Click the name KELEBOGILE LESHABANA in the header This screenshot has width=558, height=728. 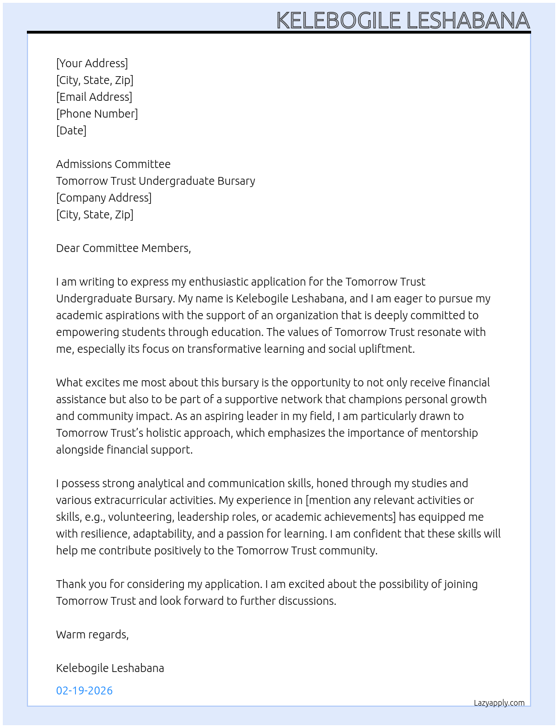(403, 20)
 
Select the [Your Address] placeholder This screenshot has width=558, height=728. (92, 63)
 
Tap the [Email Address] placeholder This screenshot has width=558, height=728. (94, 97)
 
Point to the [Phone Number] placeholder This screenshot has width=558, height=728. (97, 114)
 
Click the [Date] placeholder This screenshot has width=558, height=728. (71, 130)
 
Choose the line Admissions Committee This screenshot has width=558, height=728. (113, 164)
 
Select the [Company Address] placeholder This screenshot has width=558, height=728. (104, 198)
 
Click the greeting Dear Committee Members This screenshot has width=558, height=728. (123, 248)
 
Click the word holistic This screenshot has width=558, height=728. (165, 433)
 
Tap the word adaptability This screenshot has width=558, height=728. (163, 534)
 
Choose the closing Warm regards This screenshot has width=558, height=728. (92, 634)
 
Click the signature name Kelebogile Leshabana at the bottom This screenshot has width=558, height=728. (110, 668)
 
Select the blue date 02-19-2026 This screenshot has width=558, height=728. (84, 690)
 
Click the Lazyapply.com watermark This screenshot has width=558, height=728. (499, 703)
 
